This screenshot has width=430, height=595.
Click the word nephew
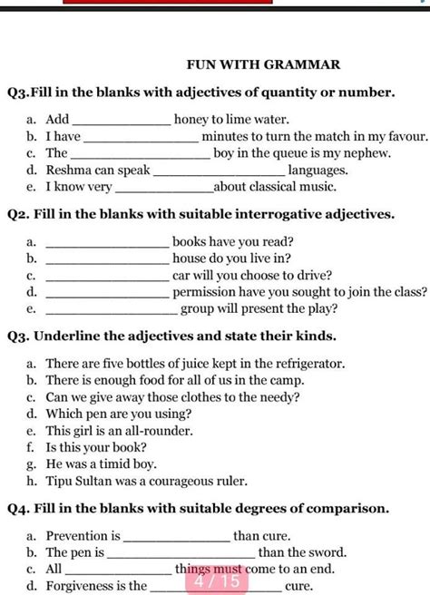tap(368, 152)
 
